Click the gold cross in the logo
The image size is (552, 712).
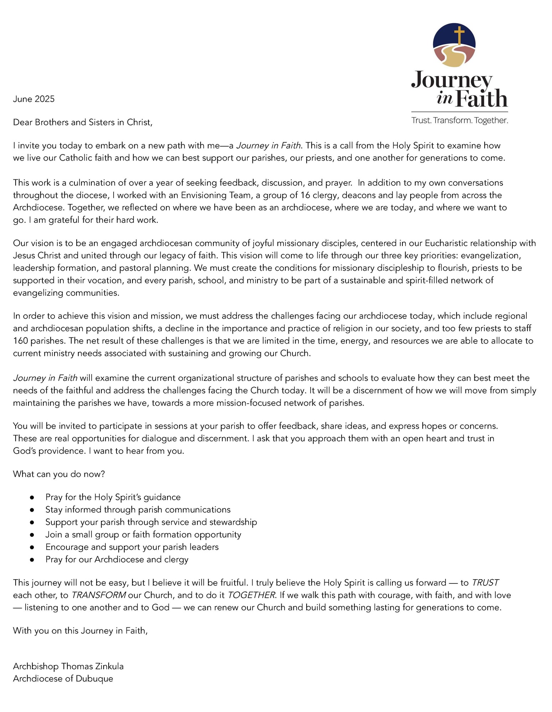tap(459, 35)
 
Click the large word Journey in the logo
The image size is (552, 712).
tap(452, 80)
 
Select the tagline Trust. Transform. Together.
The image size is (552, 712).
tap(459, 120)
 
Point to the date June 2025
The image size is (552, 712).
tap(34, 99)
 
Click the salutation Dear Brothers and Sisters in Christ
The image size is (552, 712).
tap(83, 122)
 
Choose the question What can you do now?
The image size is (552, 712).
tap(59, 474)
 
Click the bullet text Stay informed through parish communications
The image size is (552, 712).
tap(138, 510)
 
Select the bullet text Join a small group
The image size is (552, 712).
tap(143, 534)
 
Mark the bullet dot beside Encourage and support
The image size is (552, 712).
tap(32, 547)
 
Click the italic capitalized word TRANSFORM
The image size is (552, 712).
tap(99, 595)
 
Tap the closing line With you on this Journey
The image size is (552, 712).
tap(80, 630)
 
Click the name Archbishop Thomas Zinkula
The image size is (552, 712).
tap(68, 666)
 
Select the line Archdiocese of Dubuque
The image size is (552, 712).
tap(63, 679)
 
